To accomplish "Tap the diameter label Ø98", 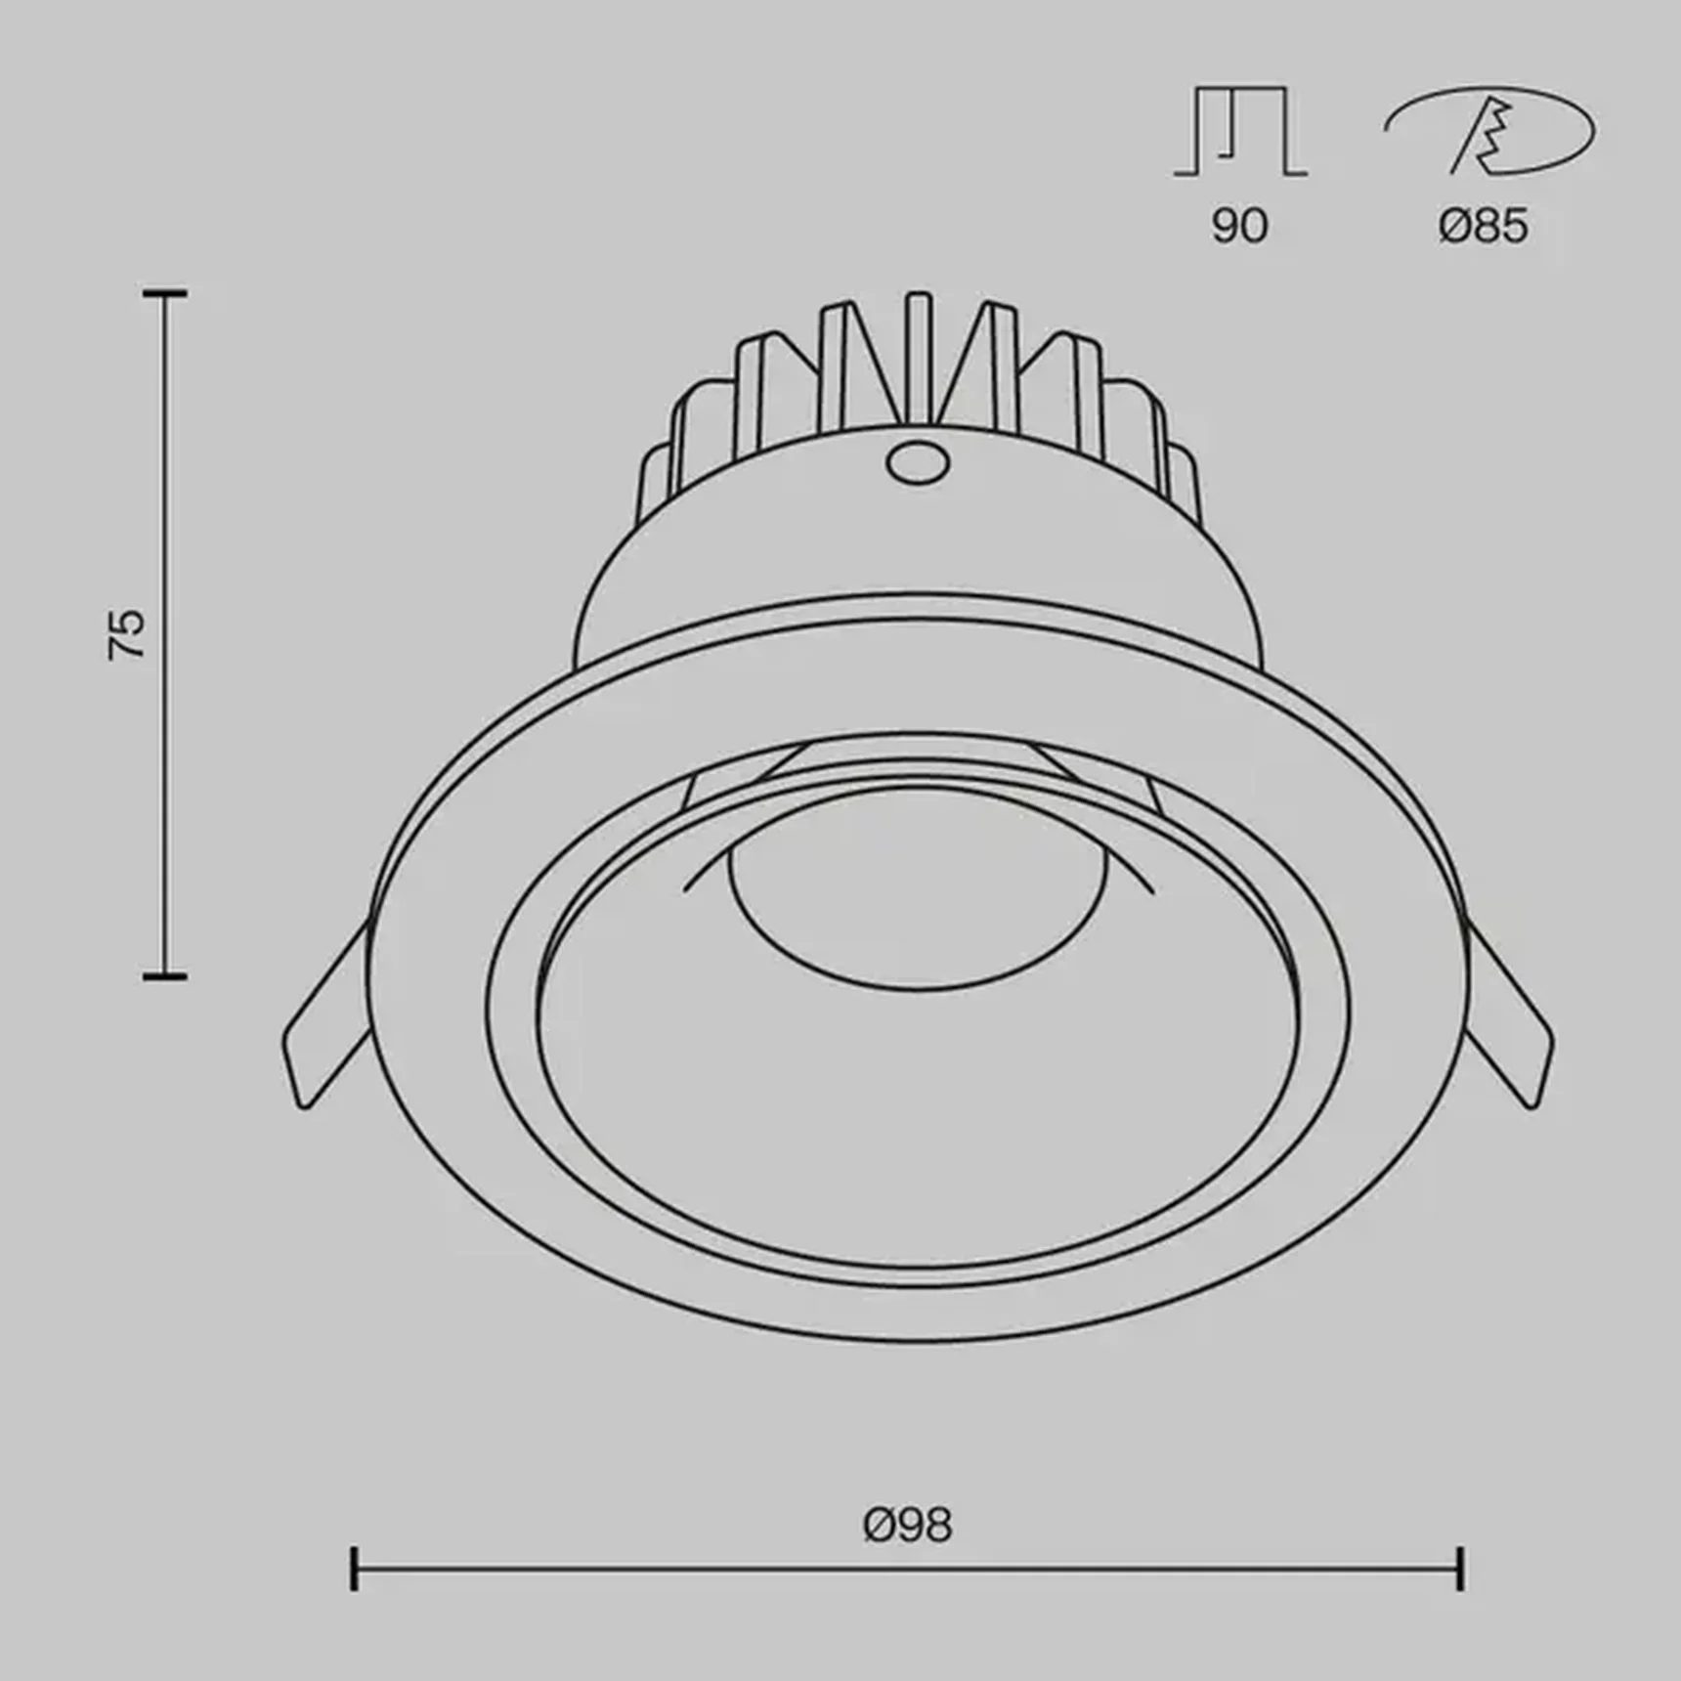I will (907, 1524).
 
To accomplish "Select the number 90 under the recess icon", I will (1239, 226).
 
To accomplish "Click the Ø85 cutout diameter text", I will (1483, 227).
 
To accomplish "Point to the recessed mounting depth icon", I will (1240, 132).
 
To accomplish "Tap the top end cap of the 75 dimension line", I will (164, 292).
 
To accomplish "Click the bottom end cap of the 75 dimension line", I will (164, 974).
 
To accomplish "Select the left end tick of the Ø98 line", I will (354, 1595).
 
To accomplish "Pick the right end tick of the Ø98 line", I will (1460, 1595).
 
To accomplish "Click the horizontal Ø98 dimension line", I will (907, 1596).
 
